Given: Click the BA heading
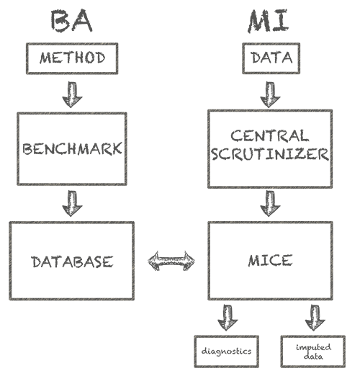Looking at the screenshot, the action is [72, 21].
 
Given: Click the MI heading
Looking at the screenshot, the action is [269, 21].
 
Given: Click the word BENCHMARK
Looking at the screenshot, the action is [72, 149].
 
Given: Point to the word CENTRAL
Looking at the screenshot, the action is [270, 135].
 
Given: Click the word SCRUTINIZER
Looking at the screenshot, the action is [270, 154].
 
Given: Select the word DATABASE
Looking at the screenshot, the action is [72, 262].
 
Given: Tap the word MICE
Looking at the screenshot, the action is [270, 261].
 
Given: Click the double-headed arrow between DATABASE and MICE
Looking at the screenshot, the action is [171, 261].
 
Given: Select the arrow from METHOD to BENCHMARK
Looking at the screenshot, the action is [72, 94].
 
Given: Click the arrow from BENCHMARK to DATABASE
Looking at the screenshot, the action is [72, 203].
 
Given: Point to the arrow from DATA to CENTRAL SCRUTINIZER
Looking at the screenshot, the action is [270, 94].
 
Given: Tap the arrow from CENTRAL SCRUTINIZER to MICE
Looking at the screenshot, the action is [270, 203].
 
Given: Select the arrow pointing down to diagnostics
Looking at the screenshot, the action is [228, 318].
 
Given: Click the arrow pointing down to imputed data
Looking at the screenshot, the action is [315, 318].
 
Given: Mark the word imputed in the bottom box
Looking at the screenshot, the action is [313, 347].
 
